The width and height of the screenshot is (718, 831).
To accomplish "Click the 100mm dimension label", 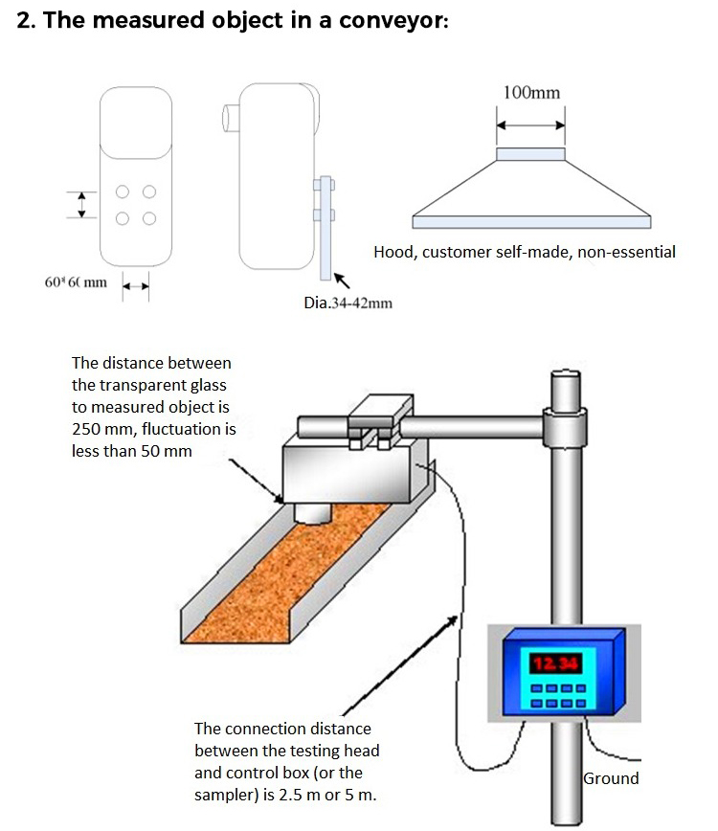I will click(x=531, y=93).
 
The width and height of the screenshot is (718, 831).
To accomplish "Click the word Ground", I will click(x=611, y=777).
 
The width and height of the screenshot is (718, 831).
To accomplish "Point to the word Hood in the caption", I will click(x=393, y=253).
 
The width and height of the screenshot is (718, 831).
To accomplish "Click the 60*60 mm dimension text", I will click(x=76, y=284).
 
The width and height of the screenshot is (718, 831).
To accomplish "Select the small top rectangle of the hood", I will click(x=530, y=153).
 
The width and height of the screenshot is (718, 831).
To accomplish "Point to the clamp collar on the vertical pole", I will click(x=565, y=422).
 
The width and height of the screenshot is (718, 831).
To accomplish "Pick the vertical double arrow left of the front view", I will click(x=81, y=203).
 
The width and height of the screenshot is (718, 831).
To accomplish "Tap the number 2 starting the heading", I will click(x=25, y=21).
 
